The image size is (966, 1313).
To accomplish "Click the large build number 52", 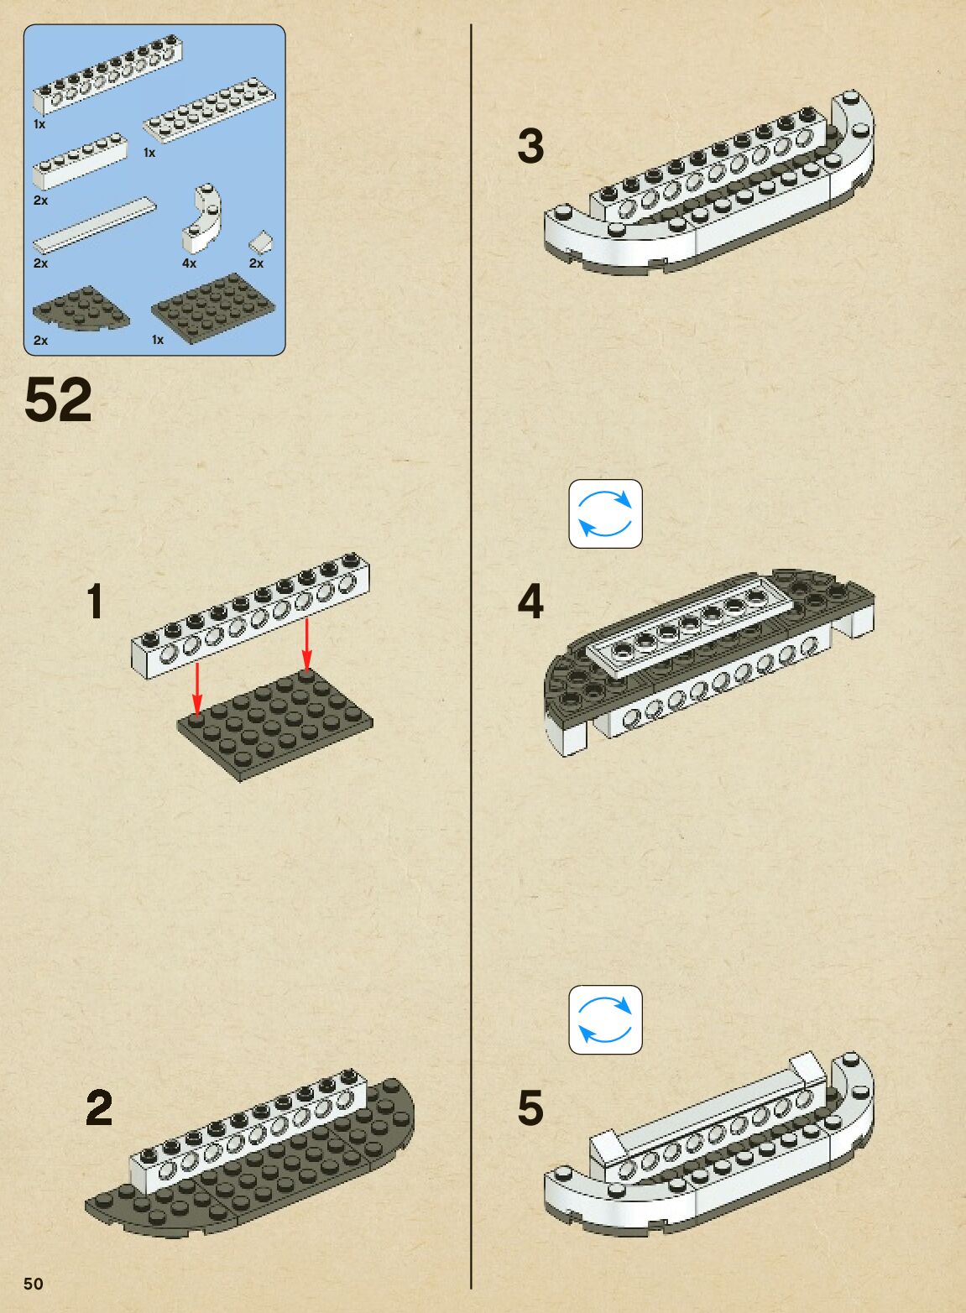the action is point(58,400).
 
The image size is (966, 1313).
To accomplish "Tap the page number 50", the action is point(33,1284).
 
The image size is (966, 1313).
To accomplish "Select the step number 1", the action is point(96,602).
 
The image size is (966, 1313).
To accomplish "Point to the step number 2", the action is point(99,1108).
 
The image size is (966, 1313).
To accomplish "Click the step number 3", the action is point(530,146).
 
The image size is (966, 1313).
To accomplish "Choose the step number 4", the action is point(530,602).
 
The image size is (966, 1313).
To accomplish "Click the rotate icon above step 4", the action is point(605,513).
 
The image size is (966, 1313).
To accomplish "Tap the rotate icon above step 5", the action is point(605,1019).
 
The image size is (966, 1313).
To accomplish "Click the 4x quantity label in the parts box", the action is point(189,263).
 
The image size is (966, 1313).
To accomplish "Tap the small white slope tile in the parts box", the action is point(261,242).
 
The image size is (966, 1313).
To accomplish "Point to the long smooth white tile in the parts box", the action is point(94,224).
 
